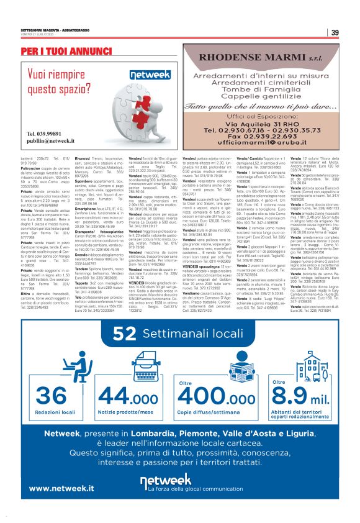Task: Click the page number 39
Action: click(x=335, y=33)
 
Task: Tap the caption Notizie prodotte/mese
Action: click(x=128, y=394)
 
